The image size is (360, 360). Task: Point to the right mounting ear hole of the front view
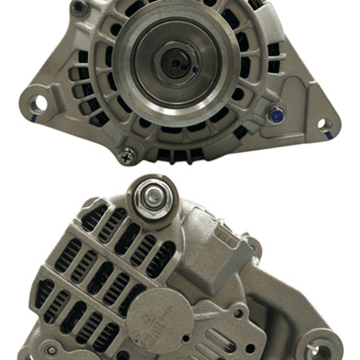tap(322, 123)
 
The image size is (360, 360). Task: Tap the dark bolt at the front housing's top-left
tap(78, 7)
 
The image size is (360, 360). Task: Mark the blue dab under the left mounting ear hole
tap(34, 119)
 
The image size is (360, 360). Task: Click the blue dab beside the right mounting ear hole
tap(328, 136)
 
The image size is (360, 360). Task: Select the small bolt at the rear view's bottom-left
tap(52, 350)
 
